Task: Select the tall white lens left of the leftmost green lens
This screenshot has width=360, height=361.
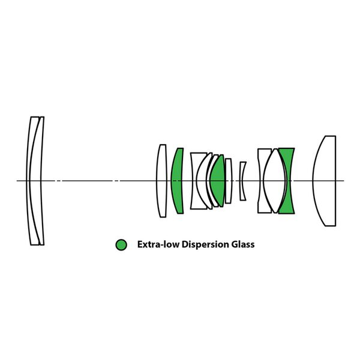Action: pos(161,180)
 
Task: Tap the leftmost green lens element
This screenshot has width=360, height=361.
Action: pos(177,180)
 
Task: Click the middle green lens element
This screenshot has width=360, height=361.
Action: pos(217,180)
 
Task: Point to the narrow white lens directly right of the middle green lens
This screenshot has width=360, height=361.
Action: pos(229,180)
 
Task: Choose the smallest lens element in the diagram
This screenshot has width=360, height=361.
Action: pos(242,180)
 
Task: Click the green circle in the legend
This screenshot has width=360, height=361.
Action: pos(122,244)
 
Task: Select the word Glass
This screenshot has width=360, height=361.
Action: pos(242,244)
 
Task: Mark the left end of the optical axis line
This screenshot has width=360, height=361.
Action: pos(17,180)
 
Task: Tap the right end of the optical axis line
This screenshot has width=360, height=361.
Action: pos(343,180)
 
